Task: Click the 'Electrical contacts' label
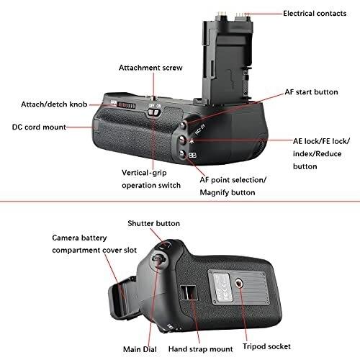tap(315, 14)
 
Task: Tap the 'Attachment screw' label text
tap(150, 68)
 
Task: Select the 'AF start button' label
tap(311, 92)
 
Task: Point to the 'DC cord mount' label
tap(39, 127)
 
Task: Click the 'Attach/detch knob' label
tap(54, 104)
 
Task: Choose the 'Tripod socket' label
tap(266, 346)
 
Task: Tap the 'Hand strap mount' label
tap(200, 349)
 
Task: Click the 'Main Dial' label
tap(140, 349)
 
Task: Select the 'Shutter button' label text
tap(153, 223)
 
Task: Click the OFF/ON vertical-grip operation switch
tap(154, 112)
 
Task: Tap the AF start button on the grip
tap(184, 125)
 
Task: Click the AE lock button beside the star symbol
tap(182, 140)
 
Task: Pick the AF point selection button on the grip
tap(183, 154)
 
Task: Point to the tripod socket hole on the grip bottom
tap(239, 284)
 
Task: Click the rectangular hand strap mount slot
tap(189, 292)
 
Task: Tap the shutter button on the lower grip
tap(165, 246)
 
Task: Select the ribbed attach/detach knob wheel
tap(127, 106)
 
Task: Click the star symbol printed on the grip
tap(192, 141)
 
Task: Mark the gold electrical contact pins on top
tap(232, 14)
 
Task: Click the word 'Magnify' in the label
tap(214, 192)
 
